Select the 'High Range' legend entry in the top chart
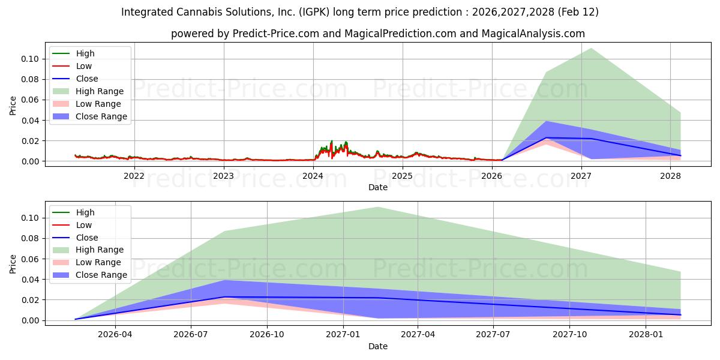[x=99, y=91]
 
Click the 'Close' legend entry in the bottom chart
[x=86, y=238]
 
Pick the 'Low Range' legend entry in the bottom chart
[x=98, y=262]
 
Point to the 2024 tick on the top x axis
[x=313, y=176]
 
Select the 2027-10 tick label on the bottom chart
[x=569, y=335]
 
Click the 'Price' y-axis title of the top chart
[x=13, y=105]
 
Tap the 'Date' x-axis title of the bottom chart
[x=377, y=346]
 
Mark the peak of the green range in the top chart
[x=592, y=48]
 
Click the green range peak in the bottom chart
[x=377, y=207]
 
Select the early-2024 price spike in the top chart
[x=331, y=142]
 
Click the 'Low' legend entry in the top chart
[x=84, y=66]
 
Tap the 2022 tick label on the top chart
[x=134, y=176]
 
